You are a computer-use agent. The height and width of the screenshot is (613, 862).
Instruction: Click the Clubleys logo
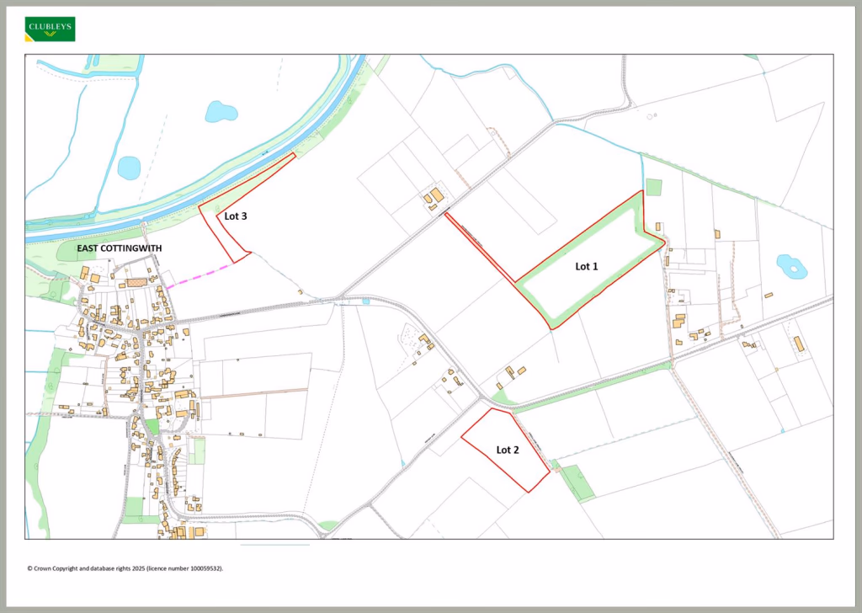pyautogui.click(x=51, y=29)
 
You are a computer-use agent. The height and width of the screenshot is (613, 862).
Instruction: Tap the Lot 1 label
pyautogui.click(x=587, y=266)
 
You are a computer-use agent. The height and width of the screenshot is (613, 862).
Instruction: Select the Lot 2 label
pyautogui.click(x=508, y=450)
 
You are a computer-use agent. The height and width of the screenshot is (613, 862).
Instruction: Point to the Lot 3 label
pyautogui.click(x=236, y=216)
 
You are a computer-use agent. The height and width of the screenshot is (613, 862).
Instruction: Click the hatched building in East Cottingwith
pyautogui.click(x=136, y=284)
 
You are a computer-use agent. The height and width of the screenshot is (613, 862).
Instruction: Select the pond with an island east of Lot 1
pyautogui.click(x=791, y=267)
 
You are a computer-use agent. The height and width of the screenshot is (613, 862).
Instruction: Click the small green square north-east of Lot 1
pyautogui.click(x=654, y=186)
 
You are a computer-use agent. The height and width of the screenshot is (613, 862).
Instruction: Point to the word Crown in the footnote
pyautogui.click(x=42, y=568)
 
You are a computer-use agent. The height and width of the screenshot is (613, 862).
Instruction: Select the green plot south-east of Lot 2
pyautogui.click(x=577, y=482)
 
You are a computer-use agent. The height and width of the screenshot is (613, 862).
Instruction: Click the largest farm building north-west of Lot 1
pyautogui.click(x=438, y=195)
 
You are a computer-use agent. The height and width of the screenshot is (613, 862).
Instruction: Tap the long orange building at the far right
pyautogui.click(x=797, y=344)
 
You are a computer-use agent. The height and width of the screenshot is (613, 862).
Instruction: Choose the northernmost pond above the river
pyautogui.click(x=221, y=111)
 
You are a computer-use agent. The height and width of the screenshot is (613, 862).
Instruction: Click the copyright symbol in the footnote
pyautogui.click(x=29, y=568)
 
